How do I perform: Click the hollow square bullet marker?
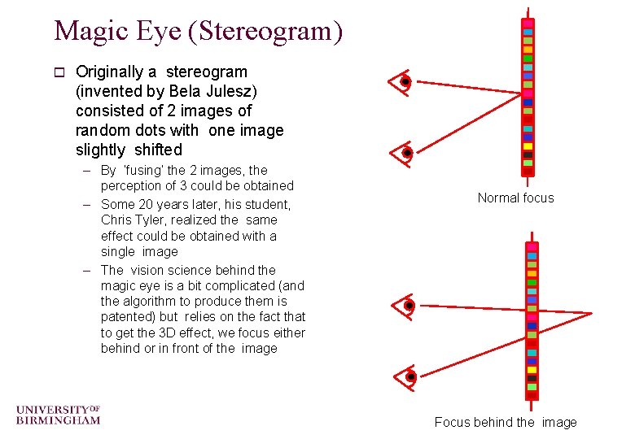pos(58,72)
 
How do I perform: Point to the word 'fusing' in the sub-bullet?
pos(142,171)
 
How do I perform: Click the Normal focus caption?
pos(515,198)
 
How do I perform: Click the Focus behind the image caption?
pos(505,422)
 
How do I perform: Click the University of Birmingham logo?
pos(58,414)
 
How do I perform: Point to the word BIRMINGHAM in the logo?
pos(58,420)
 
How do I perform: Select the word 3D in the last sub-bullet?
pos(174,333)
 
